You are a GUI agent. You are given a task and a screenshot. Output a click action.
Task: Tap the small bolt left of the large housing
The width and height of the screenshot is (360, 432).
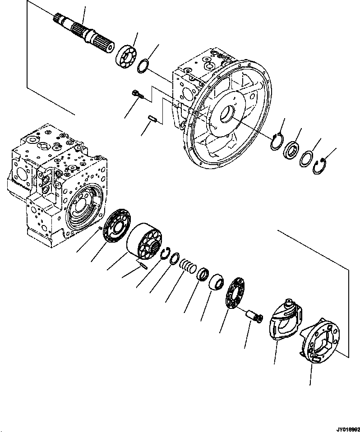136,95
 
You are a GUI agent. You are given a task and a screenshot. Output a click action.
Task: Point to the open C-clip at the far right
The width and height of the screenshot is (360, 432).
319,166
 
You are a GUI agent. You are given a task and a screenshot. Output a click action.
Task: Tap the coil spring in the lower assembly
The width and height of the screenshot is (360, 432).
188,267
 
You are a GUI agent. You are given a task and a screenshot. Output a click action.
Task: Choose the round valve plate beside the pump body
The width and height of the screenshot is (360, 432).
115,228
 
